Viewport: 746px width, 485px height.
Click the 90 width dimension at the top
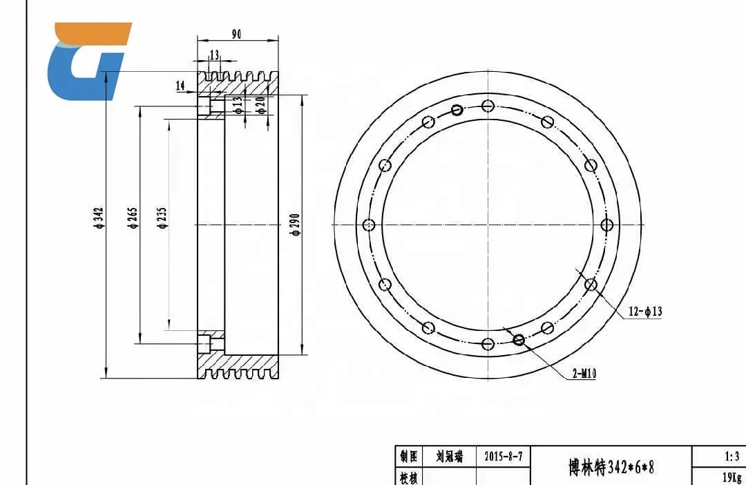pyautogui.click(x=236, y=35)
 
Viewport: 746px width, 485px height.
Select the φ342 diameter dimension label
pyautogui.click(x=99, y=218)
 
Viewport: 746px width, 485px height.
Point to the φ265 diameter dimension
pyautogui.click(x=133, y=218)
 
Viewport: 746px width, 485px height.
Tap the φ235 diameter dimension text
pyautogui.click(x=162, y=218)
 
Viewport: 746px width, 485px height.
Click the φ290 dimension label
pyautogui.click(x=295, y=225)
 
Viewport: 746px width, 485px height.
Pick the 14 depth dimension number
pyautogui.click(x=180, y=86)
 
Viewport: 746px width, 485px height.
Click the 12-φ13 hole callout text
pyautogui.click(x=644, y=312)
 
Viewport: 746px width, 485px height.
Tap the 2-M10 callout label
pyautogui.click(x=584, y=374)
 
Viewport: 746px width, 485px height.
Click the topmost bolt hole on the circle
pyautogui.click(x=488, y=106)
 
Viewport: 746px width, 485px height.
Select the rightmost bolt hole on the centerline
pyautogui.click(x=608, y=225)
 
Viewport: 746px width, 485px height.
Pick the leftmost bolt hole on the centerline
pyautogui.click(x=369, y=225)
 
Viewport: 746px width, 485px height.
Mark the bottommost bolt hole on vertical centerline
pyautogui.click(x=488, y=344)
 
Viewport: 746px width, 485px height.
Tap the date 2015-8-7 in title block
pyautogui.click(x=503, y=457)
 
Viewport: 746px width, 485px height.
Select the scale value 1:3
pyautogui.click(x=732, y=456)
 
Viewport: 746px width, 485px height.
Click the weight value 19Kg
pyautogui.click(x=731, y=477)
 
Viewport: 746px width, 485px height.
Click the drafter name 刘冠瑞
pyautogui.click(x=449, y=457)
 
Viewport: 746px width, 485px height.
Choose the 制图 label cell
pyautogui.click(x=408, y=457)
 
